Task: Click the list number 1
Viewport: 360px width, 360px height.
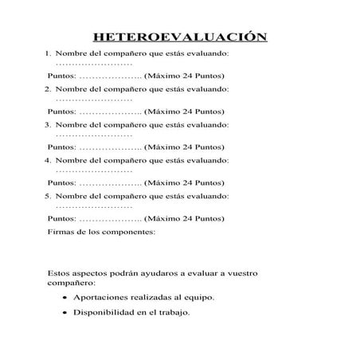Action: (48, 53)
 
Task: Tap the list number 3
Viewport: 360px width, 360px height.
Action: (48, 125)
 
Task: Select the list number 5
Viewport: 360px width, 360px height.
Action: (48, 195)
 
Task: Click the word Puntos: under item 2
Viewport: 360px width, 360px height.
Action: (63, 112)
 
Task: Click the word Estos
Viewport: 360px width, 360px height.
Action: (61, 273)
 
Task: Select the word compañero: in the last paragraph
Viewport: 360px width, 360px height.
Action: (72, 283)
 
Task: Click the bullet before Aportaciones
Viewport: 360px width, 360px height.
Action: (63, 297)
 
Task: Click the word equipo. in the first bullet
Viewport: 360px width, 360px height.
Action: (198, 297)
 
